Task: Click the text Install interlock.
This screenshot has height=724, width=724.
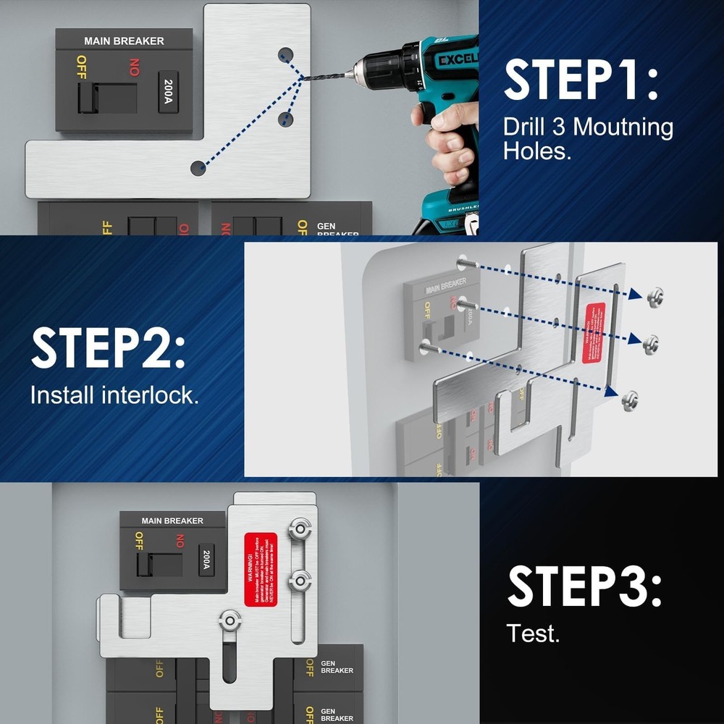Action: (114, 395)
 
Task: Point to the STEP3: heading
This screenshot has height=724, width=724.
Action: (584, 586)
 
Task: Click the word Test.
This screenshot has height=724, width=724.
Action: (533, 633)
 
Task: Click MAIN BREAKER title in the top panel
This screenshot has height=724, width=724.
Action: (124, 41)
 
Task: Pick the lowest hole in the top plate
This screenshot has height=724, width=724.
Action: (198, 168)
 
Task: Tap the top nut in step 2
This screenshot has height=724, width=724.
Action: (655, 295)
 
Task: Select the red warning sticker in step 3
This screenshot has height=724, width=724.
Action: (261, 569)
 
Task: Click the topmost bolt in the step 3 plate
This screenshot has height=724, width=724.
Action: (299, 529)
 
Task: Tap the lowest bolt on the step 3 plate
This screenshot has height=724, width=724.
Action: (231, 620)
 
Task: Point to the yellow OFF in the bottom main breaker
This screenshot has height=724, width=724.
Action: (138, 541)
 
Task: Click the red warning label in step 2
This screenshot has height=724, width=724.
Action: (594, 332)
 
